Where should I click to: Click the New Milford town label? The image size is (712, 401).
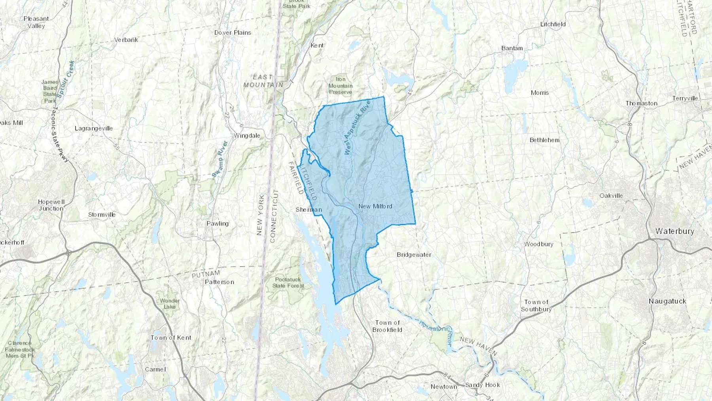pyautogui.click(x=375, y=206)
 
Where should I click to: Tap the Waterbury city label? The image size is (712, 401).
pyautogui.click(x=674, y=231)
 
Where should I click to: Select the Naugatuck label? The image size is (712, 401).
pyautogui.click(x=667, y=301)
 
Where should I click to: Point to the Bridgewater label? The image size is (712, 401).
pyautogui.click(x=414, y=255)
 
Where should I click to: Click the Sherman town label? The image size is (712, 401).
pyautogui.click(x=309, y=209)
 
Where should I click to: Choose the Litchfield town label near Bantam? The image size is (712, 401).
pyautogui.click(x=553, y=24)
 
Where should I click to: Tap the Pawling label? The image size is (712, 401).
pyautogui.click(x=218, y=224)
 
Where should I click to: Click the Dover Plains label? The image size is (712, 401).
pyautogui.click(x=233, y=32)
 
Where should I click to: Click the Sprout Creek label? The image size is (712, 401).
pyautogui.click(x=66, y=79)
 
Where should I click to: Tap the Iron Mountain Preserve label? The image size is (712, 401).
pyautogui.click(x=340, y=86)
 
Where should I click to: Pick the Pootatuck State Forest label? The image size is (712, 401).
pyautogui.click(x=288, y=282)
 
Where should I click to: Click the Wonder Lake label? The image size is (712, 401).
pyautogui.click(x=170, y=304)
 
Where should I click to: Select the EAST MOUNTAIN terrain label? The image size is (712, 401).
pyautogui.click(x=263, y=81)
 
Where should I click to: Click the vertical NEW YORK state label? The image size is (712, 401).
pyautogui.click(x=260, y=215)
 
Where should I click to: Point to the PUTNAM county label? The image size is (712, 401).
pyautogui.click(x=206, y=274)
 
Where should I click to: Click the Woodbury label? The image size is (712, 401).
pyautogui.click(x=539, y=244)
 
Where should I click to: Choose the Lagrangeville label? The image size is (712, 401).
pyautogui.click(x=94, y=128)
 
